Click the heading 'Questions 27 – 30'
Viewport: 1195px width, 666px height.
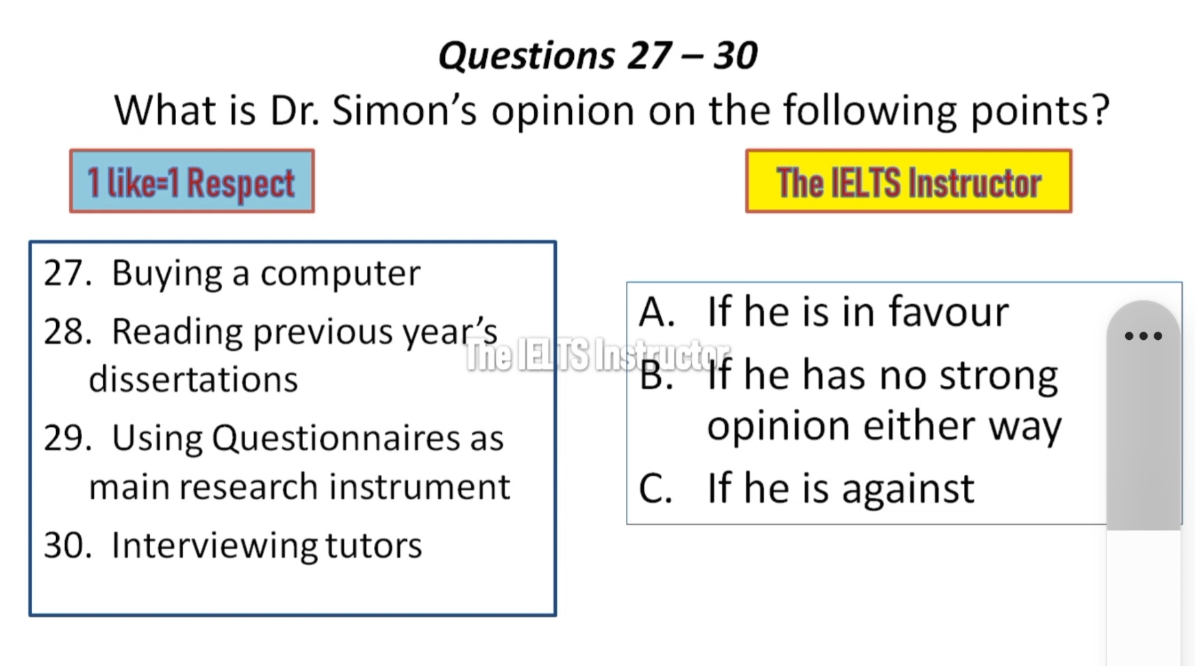click(598, 55)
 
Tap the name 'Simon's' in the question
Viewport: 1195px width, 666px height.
click(404, 110)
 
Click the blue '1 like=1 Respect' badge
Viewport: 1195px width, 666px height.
click(192, 181)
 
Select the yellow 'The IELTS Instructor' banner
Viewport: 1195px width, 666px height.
click(909, 182)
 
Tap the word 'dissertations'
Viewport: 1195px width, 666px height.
click(193, 379)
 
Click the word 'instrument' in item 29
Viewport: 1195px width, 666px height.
click(420, 487)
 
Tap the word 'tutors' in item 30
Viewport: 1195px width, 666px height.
click(373, 546)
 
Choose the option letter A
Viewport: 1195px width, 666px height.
click(657, 312)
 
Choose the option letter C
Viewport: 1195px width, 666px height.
click(655, 489)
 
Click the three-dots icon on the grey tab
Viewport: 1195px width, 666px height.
click(1144, 336)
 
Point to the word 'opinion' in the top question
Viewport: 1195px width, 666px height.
click(563, 111)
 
